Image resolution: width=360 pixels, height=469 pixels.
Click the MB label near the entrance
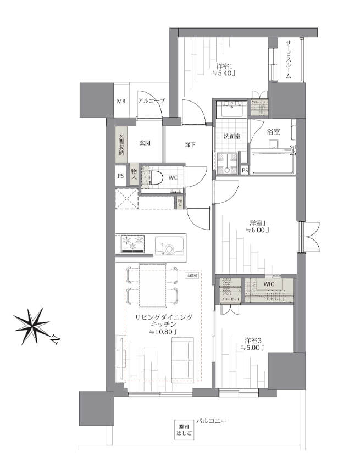coord(120,101)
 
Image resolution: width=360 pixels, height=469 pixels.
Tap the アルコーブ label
coord(151,101)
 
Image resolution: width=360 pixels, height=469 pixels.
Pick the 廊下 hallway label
coord(190,144)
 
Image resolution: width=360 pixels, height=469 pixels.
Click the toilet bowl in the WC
coord(156,177)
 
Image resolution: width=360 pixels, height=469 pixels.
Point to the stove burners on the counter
coord(132,243)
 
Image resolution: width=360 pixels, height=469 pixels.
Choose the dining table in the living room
coord(152,284)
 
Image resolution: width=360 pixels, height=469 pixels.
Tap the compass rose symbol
coord(31,326)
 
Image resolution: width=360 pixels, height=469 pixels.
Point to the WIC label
coord(268,284)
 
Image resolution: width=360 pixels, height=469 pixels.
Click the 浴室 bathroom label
coord(273,132)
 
